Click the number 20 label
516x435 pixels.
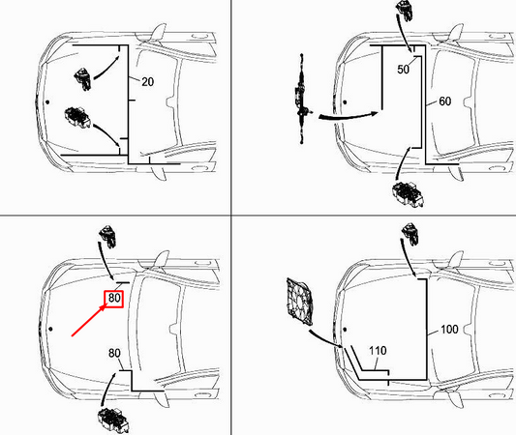[x=148, y=83]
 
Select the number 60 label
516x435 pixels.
[x=444, y=101]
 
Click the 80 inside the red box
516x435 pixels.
[x=114, y=299]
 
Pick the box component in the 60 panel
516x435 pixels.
[x=406, y=192]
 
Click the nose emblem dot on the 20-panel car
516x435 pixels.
[x=46, y=101]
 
